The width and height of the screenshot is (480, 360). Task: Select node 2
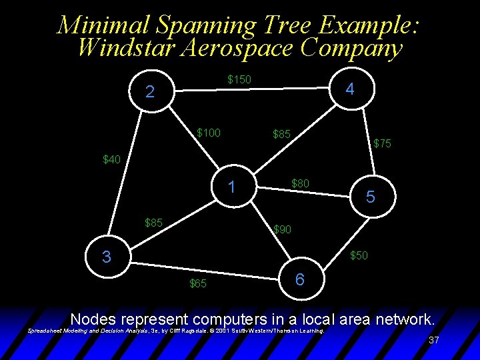tap(150, 92)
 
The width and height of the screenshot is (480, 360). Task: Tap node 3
tap(107, 257)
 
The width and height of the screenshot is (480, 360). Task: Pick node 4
tap(350, 89)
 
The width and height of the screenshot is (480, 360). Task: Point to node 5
tap(371, 197)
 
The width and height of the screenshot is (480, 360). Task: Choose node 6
tap(300, 280)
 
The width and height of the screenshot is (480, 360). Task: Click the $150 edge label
tap(239, 80)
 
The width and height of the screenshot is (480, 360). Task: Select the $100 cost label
tap(209, 133)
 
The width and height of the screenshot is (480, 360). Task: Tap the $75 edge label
tap(382, 143)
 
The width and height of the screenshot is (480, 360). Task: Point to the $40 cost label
tap(111, 159)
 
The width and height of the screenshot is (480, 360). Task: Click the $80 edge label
tap(300, 182)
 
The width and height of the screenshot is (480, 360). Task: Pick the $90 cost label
tap(282, 230)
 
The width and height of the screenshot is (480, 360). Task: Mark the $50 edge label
tap(359, 255)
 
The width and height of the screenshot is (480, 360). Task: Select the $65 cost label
tap(198, 284)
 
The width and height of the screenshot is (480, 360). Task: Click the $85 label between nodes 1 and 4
tap(281, 135)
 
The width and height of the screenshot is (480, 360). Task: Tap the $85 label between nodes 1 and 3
tap(153, 222)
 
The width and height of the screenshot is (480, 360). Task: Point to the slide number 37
tap(433, 340)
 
